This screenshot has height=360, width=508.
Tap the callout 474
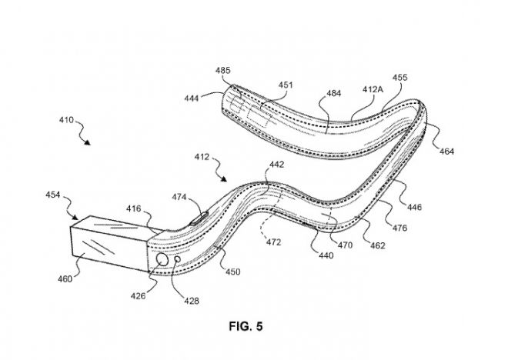point(179,198)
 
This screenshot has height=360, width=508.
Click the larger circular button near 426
point(164,262)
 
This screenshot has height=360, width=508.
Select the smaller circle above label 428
point(179,261)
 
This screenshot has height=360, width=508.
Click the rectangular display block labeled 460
point(108,244)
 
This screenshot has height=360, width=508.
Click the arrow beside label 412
point(223,177)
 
